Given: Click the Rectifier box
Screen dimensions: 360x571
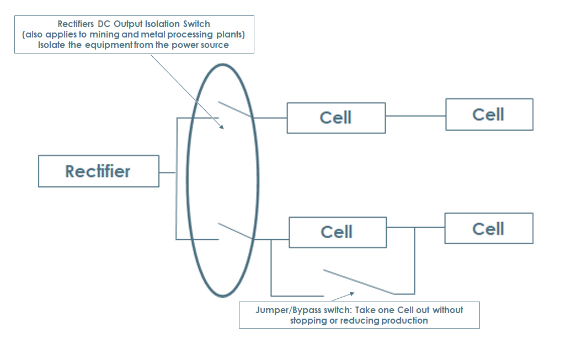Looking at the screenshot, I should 98,171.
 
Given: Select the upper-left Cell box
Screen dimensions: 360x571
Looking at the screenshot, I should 336,117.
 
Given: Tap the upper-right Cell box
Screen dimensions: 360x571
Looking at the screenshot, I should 489,114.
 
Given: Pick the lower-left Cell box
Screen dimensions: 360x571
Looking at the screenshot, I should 337,232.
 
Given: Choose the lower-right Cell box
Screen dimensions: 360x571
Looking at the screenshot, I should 488,228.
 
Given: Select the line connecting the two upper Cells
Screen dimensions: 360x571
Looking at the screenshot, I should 415,116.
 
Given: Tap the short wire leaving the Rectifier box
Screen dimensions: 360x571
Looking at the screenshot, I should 167,173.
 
